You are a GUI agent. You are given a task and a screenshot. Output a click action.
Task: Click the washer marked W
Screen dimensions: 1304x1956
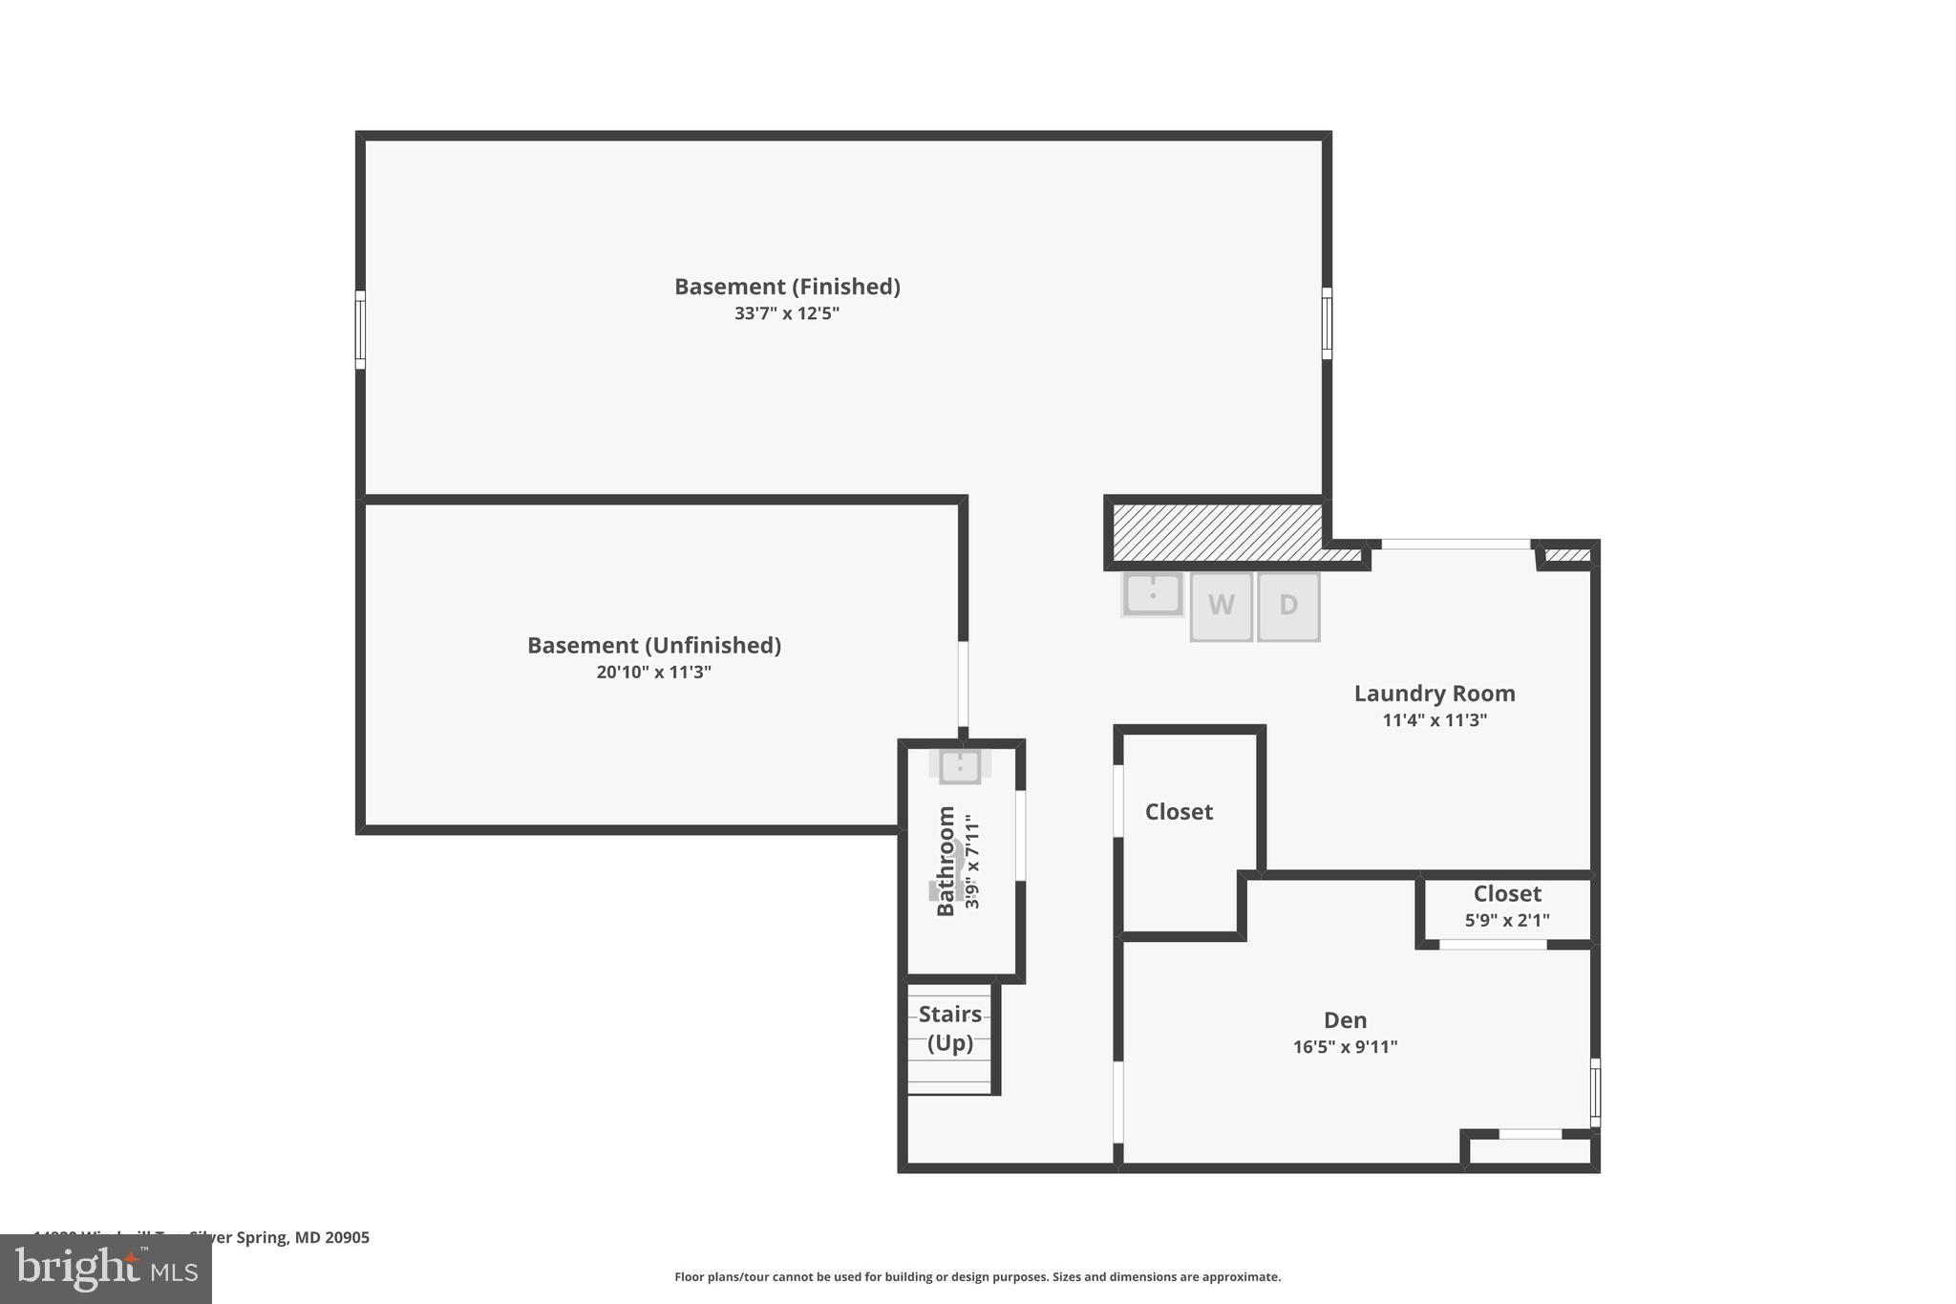1221,606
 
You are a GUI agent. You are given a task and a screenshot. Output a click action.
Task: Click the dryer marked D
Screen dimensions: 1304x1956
1288,606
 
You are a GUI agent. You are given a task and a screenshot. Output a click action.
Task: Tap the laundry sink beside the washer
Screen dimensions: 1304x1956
1153,594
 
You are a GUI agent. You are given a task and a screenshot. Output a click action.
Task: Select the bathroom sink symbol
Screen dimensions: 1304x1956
960,766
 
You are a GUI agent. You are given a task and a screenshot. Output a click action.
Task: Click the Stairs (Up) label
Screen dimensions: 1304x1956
950,1028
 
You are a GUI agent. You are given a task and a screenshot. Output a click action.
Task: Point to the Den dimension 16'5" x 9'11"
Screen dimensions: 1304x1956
1345,1047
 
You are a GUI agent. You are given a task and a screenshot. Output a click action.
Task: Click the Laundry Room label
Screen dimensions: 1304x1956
1435,694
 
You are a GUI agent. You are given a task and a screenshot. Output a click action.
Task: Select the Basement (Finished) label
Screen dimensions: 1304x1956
787,287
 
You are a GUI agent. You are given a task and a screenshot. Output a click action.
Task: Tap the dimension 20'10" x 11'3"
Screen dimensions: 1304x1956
653,673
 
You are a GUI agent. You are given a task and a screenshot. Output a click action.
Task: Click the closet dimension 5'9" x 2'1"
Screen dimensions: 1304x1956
1507,921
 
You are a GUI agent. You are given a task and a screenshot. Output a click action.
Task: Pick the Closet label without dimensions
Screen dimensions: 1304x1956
1179,812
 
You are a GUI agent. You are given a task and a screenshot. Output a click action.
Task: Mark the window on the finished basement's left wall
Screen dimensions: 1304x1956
360,330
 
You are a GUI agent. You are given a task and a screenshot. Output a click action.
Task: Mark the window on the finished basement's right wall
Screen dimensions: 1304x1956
1327,324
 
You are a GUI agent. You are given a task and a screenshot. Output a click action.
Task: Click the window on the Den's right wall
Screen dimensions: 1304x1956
1594,1092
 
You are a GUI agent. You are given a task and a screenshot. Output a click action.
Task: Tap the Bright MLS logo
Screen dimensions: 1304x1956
106,1269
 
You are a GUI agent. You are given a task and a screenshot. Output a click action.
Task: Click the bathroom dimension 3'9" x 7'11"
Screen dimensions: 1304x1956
972,862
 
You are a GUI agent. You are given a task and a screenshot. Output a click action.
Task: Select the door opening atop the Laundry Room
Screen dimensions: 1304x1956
1456,545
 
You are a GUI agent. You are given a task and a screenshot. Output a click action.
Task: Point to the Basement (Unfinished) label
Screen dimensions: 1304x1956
653,646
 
